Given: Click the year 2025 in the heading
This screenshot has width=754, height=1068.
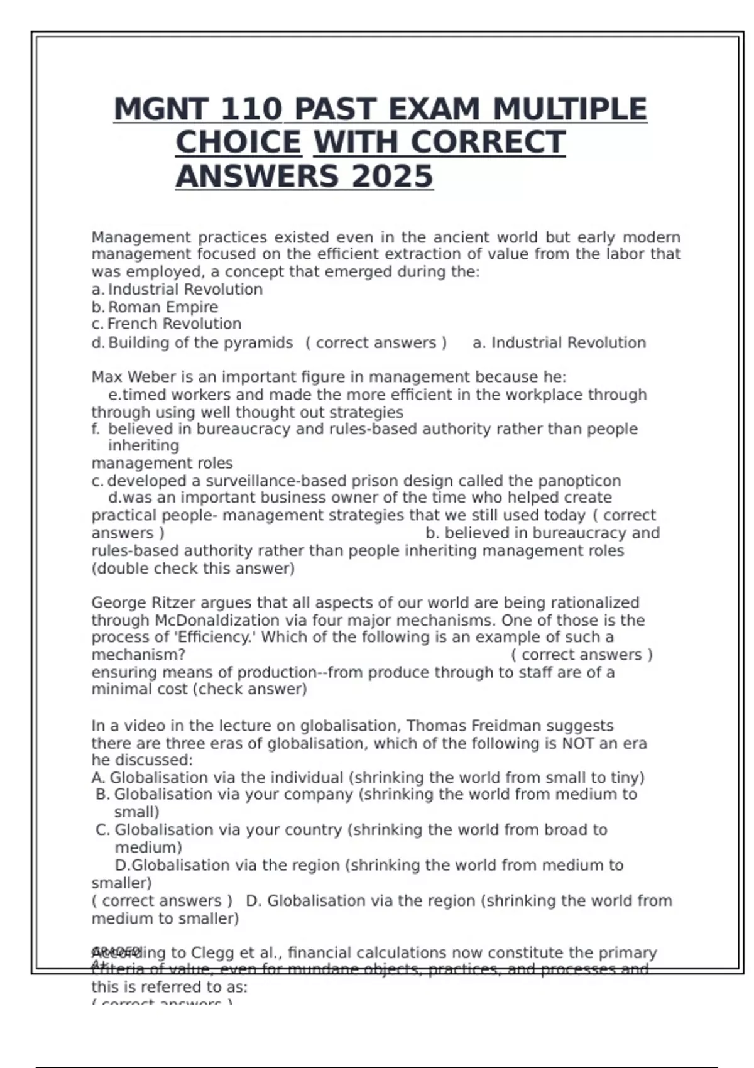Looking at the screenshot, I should point(392,176).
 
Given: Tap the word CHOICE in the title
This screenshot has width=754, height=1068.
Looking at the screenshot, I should point(238,143).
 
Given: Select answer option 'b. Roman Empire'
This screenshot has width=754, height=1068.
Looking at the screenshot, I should point(155,307).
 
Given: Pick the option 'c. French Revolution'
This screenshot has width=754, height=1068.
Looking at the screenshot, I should point(167,324).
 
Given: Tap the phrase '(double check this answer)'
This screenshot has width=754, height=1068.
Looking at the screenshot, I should point(193,569).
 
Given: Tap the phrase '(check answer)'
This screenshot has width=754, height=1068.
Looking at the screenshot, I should point(249,689).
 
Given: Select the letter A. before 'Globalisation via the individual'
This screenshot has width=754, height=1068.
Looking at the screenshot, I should point(98,778).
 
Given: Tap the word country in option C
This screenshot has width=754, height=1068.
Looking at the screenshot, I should point(312,830).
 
